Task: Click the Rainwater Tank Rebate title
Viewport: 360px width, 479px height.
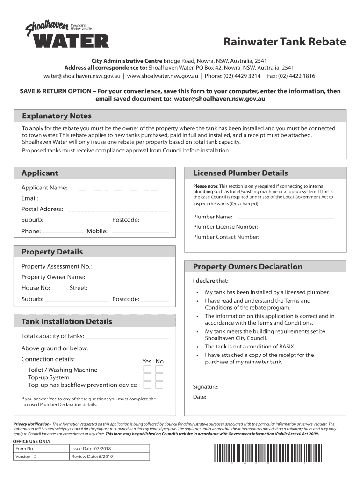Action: coord(284,42)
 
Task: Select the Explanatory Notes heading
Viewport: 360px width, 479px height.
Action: coord(57,116)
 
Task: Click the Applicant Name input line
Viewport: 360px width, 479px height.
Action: coord(121,188)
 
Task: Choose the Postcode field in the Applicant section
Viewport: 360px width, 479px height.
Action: coord(155,220)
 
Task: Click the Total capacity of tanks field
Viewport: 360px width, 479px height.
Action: coord(127,336)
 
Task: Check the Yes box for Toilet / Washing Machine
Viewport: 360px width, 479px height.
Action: coord(147,370)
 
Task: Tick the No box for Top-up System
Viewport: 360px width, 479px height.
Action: coord(159,377)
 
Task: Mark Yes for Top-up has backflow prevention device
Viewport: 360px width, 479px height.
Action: coord(147,385)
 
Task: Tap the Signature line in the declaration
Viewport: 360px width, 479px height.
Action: coord(276,387)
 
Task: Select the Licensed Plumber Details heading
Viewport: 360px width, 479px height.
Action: coord(240,173)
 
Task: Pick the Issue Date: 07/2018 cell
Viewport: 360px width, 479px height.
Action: coord(110,449)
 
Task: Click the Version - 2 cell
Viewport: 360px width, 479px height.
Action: coord(41,457)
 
